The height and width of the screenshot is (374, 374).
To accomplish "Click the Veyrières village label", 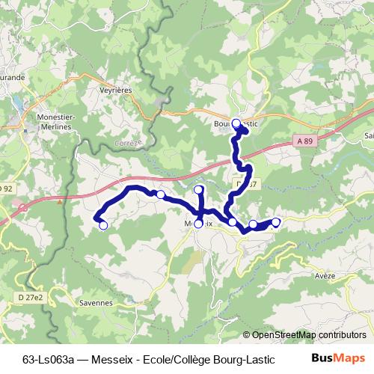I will (x=115, y=88).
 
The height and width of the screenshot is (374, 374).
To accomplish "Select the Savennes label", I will (x=95, y=304).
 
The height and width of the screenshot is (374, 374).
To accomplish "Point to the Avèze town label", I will (x=325, y=275).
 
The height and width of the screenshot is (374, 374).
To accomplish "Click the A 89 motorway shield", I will (x=303, y=141).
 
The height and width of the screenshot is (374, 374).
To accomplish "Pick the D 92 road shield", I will (x=7, y=188).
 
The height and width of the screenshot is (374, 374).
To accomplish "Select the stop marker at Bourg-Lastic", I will (x=236, y=123).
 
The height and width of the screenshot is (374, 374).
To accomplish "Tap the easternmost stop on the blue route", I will (x=276, y=221).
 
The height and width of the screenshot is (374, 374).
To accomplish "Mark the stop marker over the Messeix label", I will (x=198, y=224).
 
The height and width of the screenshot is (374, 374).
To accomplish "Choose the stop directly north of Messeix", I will (x=198, y=190).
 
